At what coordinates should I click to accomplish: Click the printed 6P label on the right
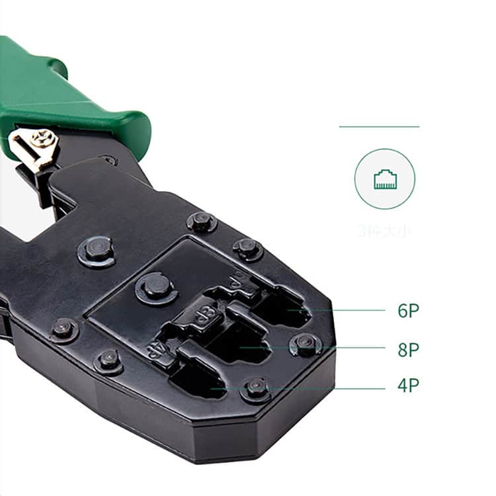coord(408,311)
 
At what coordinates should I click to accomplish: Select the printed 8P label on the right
coord(408,350)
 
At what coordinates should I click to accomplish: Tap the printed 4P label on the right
coord(408,386)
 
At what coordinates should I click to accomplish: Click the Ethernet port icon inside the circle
coord(385,179)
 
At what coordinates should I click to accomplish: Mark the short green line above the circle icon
coord(379,126)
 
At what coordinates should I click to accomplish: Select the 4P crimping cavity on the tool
coord(198,380)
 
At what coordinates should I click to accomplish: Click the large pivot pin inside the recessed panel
coord(156,286)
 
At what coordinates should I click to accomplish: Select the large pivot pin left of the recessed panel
coord(97,249)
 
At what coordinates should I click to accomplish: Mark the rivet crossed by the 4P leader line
coord(257,388)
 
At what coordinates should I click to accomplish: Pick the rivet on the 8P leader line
coord(305,343)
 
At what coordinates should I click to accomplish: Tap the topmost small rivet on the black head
coord(201,221)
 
